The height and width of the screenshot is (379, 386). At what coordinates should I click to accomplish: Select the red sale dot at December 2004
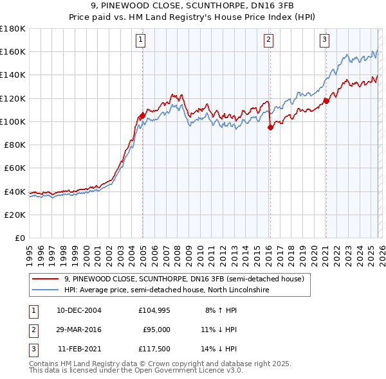(142, 116)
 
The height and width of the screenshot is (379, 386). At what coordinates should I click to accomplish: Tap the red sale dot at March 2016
(270, 127)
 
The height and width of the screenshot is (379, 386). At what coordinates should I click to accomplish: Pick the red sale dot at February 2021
(326, 101)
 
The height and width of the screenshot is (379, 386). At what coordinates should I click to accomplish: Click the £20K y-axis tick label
(15, 215)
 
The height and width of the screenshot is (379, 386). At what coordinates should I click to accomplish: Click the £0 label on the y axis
(19, 238)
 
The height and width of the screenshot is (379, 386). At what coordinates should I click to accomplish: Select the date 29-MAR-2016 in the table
(79, 330)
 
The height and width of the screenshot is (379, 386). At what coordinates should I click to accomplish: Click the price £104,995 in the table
(154, 310)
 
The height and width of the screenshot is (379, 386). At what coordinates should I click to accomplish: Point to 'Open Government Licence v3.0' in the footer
(190, 371)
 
